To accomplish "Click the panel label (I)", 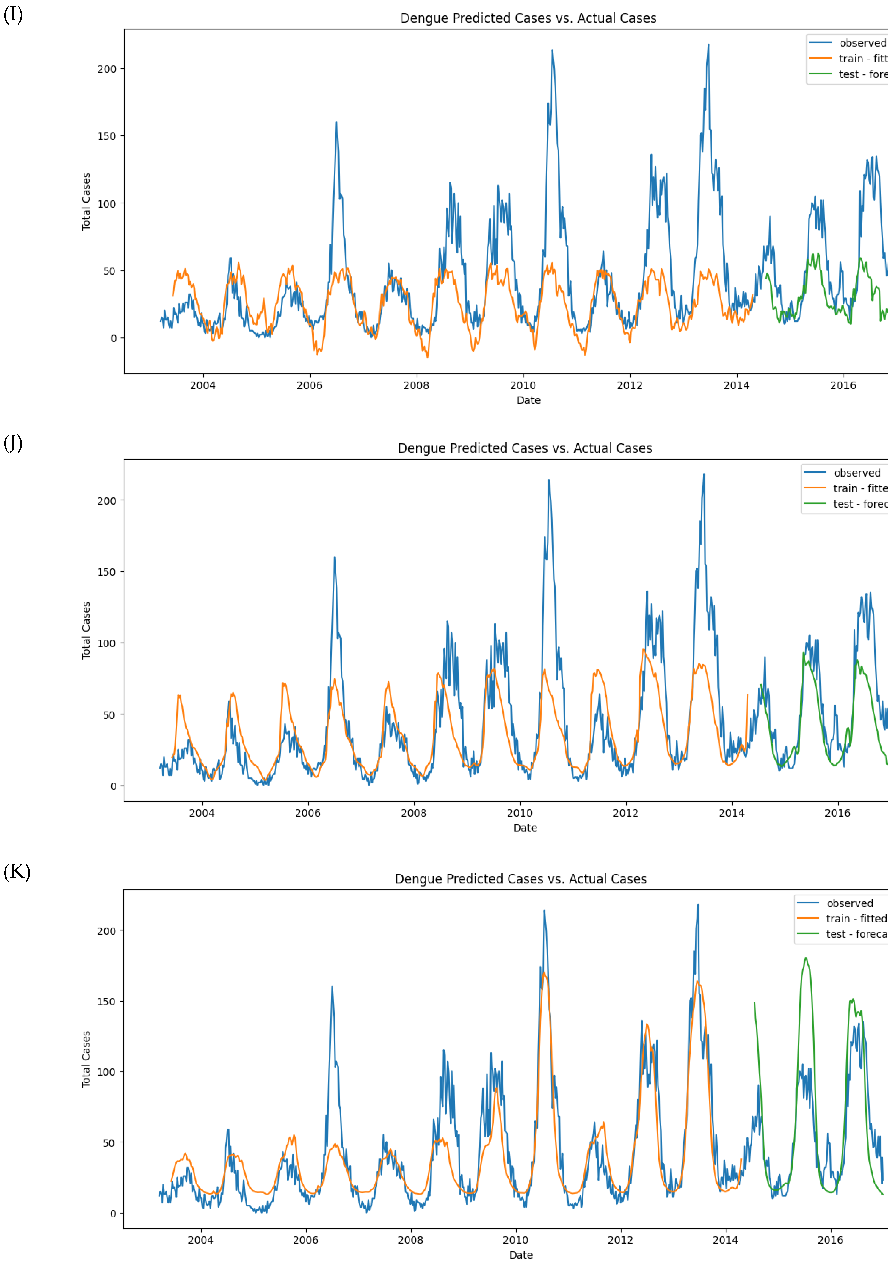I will (x=13, y=14).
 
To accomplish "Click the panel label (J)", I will (x=13, y=443).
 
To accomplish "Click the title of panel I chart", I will (x=528, y=18).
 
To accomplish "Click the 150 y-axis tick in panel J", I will (x=107, y=572).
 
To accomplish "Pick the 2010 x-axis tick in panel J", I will (x=519, y=813).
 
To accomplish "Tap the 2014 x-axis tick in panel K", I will (x=725, y=1240).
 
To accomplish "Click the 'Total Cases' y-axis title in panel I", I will (x=86, y=202).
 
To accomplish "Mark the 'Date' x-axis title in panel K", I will (x=521, y=1255).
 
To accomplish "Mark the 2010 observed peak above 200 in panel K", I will (x=544, y=911).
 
